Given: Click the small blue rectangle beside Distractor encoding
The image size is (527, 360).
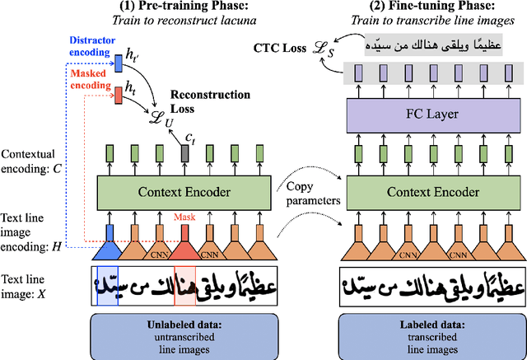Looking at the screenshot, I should point(118,59).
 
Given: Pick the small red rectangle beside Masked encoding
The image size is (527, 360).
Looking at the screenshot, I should point(118,93).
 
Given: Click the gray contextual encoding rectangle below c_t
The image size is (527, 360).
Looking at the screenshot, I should point(184,153).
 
